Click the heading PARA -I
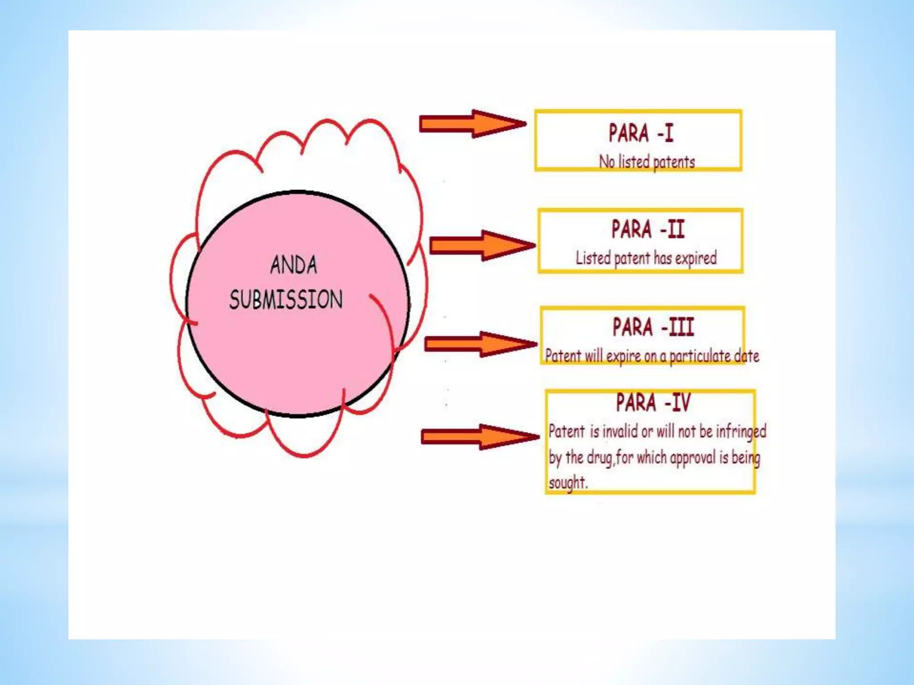[641, 133]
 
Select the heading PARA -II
[648, 230]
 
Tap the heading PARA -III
[653, 327]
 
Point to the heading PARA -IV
[653, 402]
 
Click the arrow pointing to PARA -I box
[472, 124]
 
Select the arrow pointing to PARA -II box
[482, 245]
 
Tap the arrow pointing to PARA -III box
[480, 344]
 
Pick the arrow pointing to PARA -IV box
[480, 437]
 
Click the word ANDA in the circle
[294, 265]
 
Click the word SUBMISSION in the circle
[286, 299]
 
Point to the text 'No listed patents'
[647, 162]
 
